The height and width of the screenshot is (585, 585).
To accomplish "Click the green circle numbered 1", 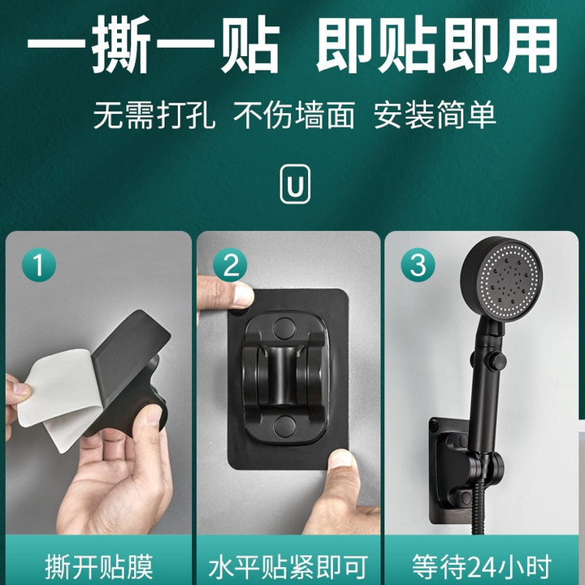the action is tap(39, 265).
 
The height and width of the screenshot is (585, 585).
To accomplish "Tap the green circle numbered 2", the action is tap(230, 265).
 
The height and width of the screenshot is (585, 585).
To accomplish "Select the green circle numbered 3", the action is tap(418, 265).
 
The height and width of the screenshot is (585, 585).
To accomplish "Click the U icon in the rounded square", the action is tap(295, 184).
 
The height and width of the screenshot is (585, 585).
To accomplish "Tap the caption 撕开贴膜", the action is tap(99, 567).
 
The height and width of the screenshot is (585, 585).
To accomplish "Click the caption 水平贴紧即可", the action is tap(288, 567).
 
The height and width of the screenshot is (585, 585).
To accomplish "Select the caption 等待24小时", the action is tap(482, 567).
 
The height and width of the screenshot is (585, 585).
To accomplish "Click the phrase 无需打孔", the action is tap(154, 115).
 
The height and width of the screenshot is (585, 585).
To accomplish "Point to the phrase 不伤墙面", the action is tap(294, 115).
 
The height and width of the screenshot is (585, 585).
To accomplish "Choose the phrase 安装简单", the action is tap(435, 115).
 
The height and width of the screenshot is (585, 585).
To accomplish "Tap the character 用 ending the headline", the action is tap(530, 44).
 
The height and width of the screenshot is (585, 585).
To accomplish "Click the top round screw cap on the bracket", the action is tap(284, 328).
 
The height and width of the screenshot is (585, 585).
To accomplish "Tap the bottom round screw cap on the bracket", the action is tap(284, 427).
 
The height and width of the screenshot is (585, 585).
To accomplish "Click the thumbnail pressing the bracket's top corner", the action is tap(242, 290).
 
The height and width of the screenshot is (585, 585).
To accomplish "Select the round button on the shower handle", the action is tap(498, 361).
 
